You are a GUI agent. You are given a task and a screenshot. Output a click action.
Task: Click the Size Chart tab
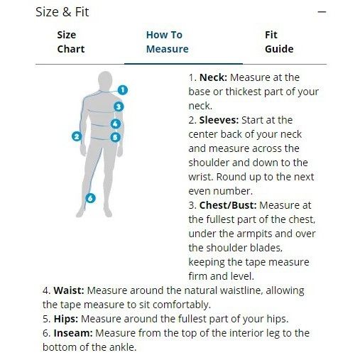71,42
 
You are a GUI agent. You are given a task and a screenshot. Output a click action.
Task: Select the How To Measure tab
168,42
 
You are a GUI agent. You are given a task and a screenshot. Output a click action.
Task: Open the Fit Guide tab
279,42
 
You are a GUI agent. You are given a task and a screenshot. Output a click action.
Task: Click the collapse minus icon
322,11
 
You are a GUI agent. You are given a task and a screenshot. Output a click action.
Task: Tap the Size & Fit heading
62,12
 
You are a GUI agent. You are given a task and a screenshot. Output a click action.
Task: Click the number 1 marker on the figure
122,90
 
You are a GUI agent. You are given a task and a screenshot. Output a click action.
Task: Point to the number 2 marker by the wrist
77,136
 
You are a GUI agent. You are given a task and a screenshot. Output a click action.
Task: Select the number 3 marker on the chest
119,107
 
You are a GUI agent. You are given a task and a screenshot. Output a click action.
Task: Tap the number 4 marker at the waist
116,124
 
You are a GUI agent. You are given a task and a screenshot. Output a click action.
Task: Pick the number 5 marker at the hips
115,137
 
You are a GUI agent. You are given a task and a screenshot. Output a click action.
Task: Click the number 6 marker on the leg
90,198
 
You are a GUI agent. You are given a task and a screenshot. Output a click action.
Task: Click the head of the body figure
105,80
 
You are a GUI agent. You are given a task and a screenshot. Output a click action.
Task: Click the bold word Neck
213,77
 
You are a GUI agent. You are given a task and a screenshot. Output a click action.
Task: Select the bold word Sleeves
219,120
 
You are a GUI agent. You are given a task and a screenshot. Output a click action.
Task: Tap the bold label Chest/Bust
228,205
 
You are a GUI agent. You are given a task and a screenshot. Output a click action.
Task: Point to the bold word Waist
69,290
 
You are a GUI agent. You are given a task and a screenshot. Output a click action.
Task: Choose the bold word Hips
66,319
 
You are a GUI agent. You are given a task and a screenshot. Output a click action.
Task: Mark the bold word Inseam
73,333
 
